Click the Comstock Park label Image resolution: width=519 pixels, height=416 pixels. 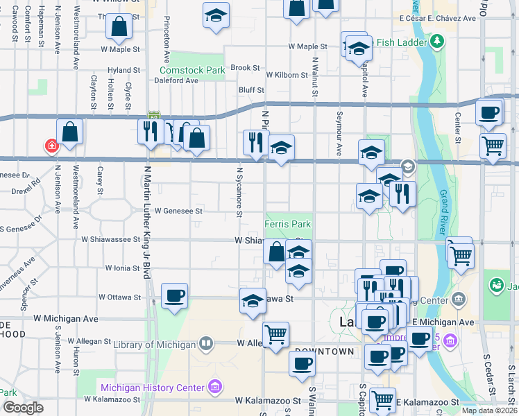point(192,70)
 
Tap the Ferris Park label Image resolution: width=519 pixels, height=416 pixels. point(287,224)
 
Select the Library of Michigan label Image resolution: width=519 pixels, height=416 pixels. point(155,345)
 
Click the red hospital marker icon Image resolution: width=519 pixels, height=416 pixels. point(51,146)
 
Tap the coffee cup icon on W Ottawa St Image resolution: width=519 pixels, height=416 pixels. point(174,295)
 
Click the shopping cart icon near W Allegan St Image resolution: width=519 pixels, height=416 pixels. point(275,334)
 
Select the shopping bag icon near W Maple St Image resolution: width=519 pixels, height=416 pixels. point(119,26)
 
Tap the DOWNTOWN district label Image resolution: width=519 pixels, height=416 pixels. point(323,352)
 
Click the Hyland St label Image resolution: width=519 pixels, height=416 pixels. point(124,70)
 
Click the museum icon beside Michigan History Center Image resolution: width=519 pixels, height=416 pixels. point(214,387)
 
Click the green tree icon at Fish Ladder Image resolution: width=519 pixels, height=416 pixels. point(437,42)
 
